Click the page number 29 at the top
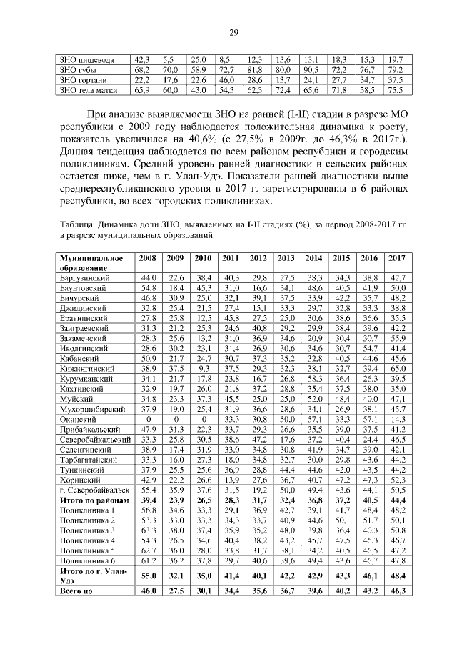click(233, 31)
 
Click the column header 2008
click(149, 257)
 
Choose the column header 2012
click(258, 257)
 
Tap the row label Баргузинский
click(85, 277)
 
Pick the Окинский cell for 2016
click(368, 420)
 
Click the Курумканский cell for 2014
click(313, 379)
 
